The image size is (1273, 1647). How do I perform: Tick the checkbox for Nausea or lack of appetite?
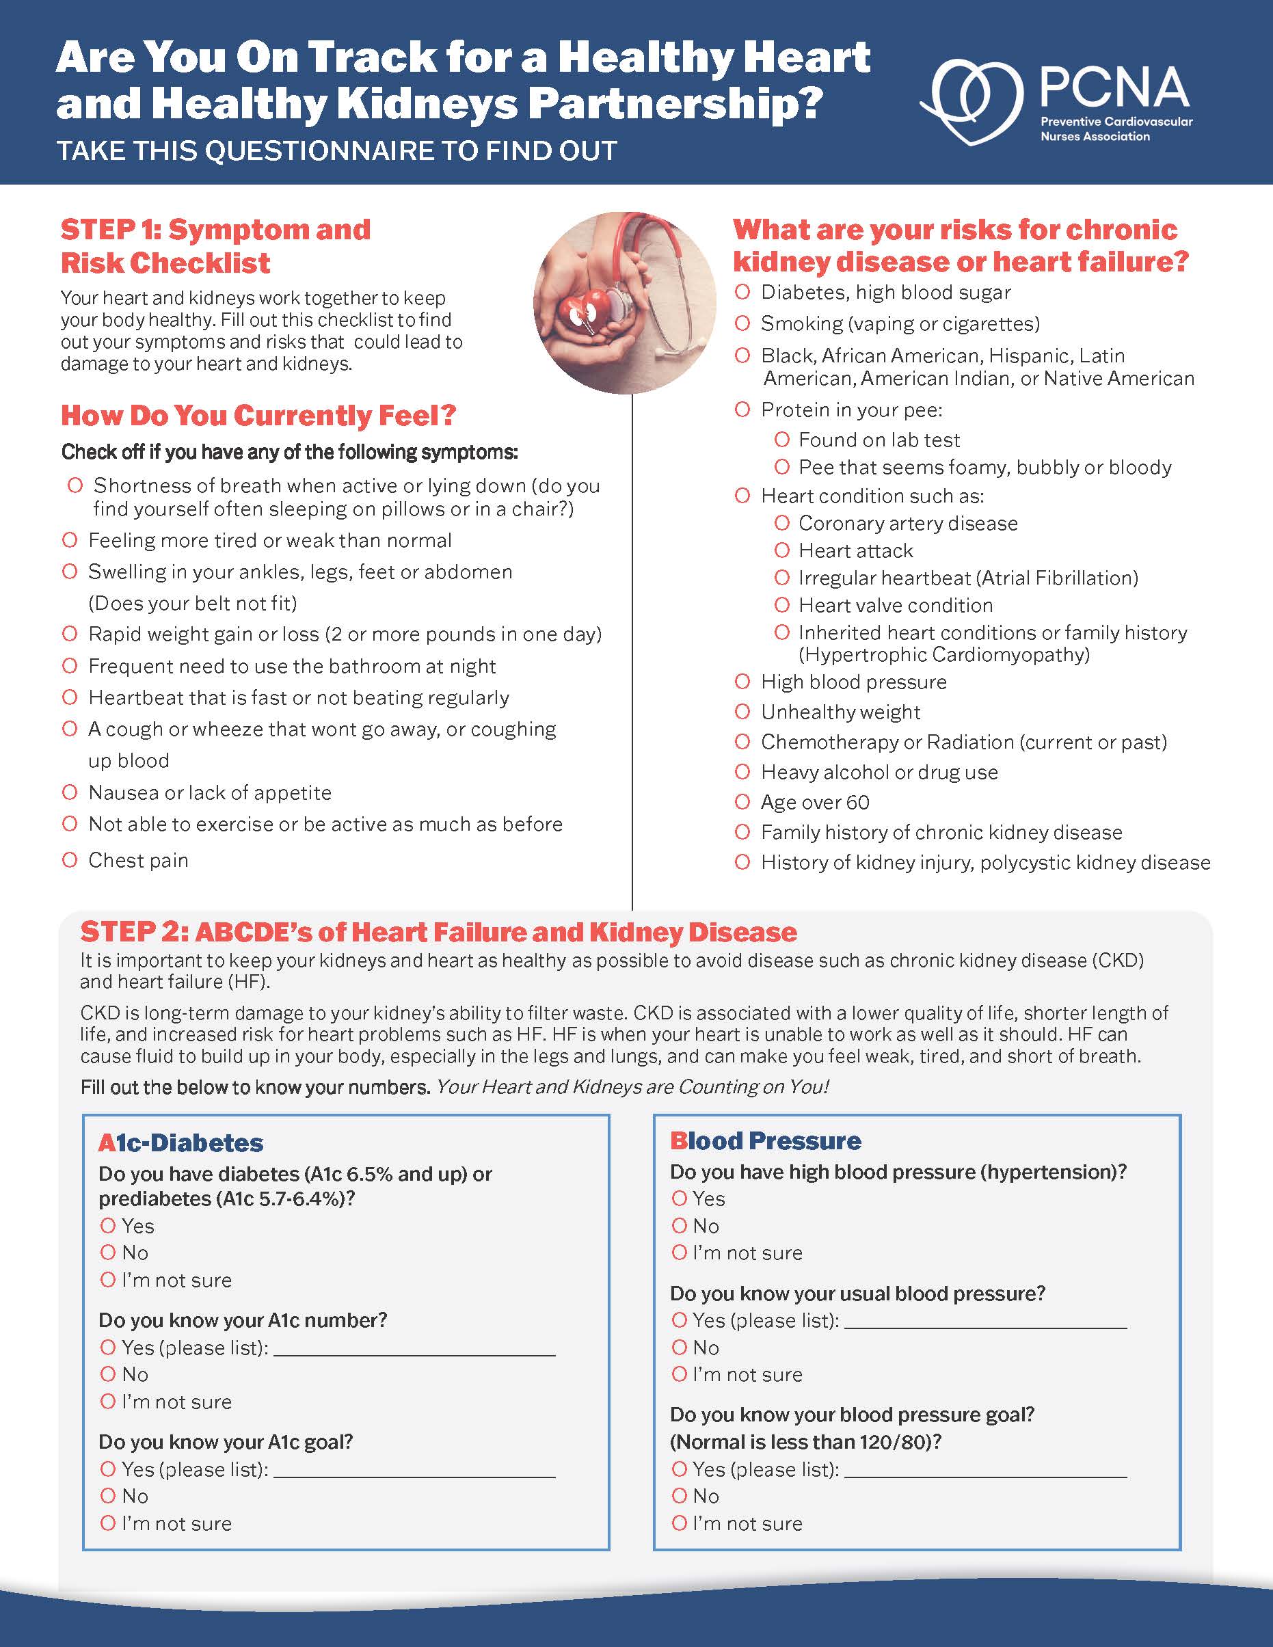(x=70, y=792)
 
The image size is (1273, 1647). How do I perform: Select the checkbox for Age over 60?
(x=743, y=802)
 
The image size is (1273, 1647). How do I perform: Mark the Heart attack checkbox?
(x=782, y=550)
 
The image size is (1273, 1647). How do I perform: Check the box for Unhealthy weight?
(x=743, y=711)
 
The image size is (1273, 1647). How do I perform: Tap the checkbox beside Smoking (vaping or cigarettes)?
(x=743, y=323)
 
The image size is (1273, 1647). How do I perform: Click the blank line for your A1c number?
(x=414, y=1350)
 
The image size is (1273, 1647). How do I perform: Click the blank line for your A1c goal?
(x=414, y=1471)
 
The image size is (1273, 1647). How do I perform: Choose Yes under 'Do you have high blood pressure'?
(x=680, y=1199)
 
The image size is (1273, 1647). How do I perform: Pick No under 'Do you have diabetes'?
(x=108, y=1253)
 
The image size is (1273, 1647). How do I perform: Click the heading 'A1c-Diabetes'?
(x=181, y=1142)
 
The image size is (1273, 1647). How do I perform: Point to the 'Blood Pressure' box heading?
(x=766, y=1140)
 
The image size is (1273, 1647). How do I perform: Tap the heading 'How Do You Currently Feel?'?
(x=258, y=416)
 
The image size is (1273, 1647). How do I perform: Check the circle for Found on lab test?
(x=782, y=439)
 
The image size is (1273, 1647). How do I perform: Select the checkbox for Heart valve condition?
(x=782, y=605)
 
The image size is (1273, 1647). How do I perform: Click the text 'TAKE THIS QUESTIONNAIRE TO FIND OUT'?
(x=336, y=151)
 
